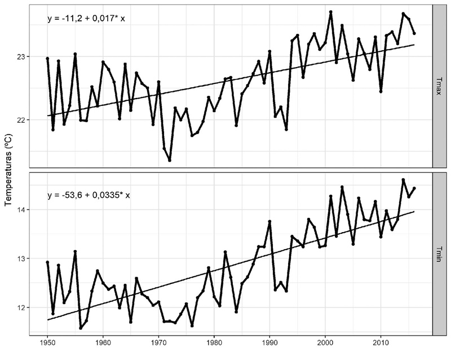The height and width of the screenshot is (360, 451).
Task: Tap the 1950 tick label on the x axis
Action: tap(47, 342)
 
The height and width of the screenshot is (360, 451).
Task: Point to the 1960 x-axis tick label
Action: tap(103, 342)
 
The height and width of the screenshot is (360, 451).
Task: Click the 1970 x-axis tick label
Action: tap(158, 342)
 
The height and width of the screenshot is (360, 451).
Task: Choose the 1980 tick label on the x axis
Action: tap(214, 342)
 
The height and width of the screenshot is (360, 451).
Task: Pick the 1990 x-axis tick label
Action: tap(269, 342)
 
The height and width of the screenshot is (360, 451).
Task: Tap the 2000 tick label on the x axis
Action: tap(325, 342)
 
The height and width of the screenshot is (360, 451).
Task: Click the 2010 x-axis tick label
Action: tap(381, 342)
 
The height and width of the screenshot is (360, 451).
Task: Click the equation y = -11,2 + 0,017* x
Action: tap(86, 19)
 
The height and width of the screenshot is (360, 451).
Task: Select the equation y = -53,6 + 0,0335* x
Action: tap(89, 195)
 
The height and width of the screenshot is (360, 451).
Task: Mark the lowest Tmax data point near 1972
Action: tap(170, 161)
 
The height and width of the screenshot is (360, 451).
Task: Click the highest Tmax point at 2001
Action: tap(331, 12)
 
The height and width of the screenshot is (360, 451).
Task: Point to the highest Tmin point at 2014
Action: tap(403, 180)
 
